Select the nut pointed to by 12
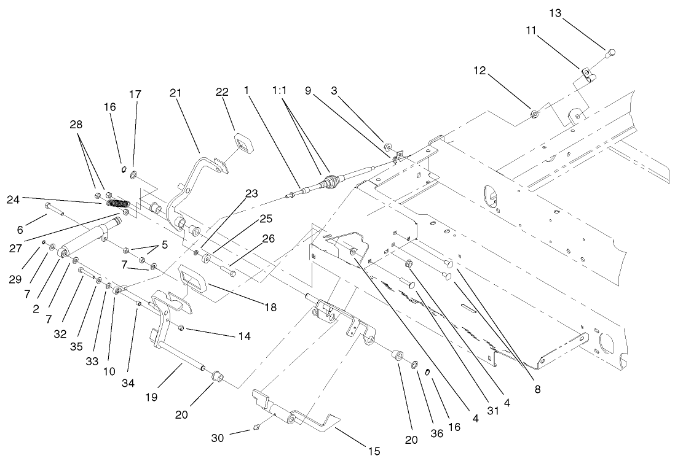coord(535,113)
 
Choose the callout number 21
coord(177,93)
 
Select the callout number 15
coord(374,451)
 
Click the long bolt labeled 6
coord(57,209)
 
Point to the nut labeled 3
coord(388,147)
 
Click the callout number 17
coord(135,95)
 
